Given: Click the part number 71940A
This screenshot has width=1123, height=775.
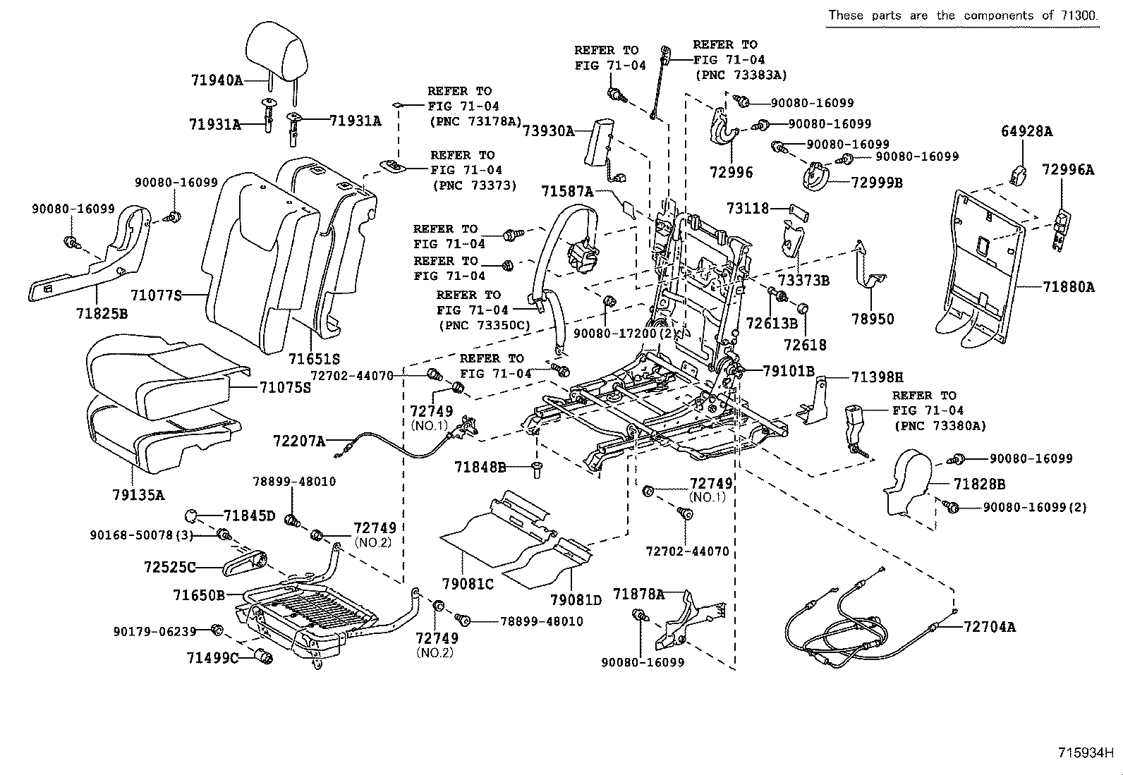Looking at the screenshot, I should pos(216,80).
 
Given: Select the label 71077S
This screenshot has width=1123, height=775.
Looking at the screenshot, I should pos(156,295).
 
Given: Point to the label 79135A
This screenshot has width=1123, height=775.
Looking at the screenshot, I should pos(138,494).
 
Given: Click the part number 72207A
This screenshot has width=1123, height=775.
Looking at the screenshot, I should pos(299,441).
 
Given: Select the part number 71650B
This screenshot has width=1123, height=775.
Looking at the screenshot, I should pos(198,595).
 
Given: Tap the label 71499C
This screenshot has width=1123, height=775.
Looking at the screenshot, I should pos(212,658).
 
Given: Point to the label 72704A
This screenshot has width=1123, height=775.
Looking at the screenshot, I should pos(989,626).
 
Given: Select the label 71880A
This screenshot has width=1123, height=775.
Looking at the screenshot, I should pos(1069,287).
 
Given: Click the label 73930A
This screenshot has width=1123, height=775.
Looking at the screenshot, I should pos(548,130).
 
